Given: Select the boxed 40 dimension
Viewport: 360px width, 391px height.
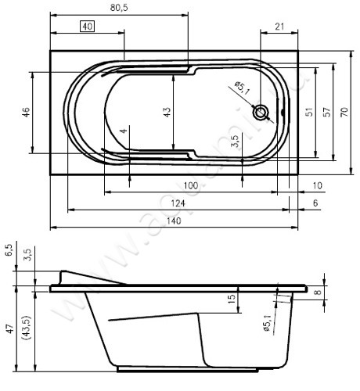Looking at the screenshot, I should (87, 27).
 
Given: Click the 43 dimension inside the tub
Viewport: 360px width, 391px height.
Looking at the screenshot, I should (166, 113).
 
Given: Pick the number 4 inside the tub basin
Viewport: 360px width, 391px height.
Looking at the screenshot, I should (124, 131).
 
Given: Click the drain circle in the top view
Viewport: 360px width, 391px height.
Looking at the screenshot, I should (261, 112).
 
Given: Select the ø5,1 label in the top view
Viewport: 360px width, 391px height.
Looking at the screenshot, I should (241, 91).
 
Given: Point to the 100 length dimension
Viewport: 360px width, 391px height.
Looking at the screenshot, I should (189, 185).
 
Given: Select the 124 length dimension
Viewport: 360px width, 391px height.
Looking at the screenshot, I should (178, 203).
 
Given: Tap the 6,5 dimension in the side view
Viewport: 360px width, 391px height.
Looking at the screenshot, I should (9, 251).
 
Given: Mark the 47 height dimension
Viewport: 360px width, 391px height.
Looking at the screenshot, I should (9, 329).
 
